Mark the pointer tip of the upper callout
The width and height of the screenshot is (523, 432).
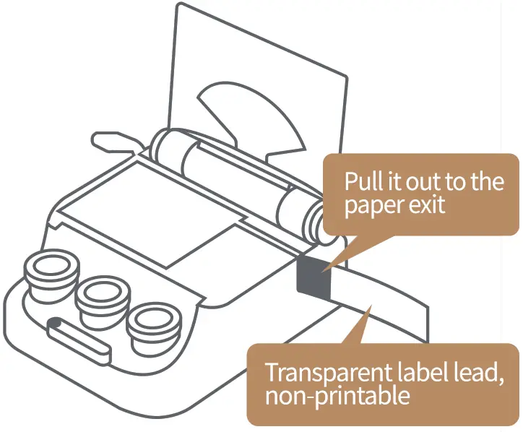point(324,271)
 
